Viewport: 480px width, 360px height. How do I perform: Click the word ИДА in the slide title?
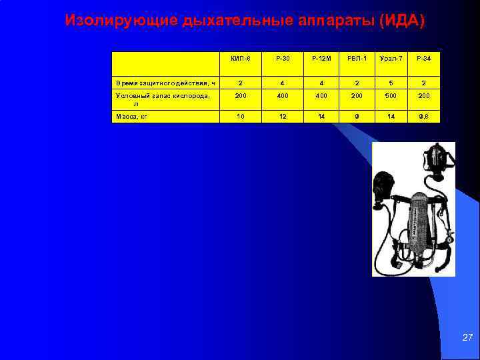[400, 21]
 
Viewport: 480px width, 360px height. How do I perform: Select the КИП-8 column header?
[240, 59]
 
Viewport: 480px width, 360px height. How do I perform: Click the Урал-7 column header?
[389, 59]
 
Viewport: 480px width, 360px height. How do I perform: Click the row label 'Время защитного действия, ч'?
[165, 83]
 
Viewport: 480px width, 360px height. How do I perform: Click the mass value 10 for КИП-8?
[240, 116]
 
